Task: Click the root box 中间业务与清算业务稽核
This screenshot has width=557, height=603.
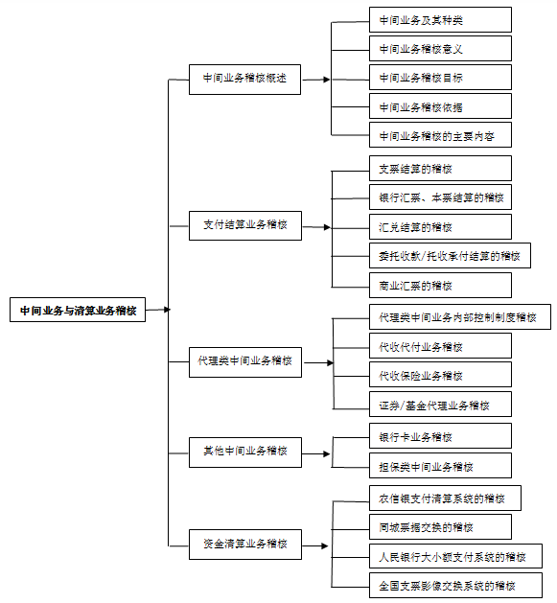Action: point(78,310)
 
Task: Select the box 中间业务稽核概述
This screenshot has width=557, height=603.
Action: point(244,80)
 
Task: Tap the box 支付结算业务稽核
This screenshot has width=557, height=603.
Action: point(245,225)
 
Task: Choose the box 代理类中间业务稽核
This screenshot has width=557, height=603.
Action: point(245,362)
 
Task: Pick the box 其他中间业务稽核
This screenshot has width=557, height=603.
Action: point(245,452)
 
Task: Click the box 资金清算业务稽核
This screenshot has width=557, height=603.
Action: point(245,545)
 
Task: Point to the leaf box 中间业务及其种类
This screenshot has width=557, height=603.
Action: point(440,19)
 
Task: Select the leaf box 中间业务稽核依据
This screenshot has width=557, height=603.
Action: point(440,106)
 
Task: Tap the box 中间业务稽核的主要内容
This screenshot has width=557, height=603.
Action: point(440,135)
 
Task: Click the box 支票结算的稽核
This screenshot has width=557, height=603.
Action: point(440,169)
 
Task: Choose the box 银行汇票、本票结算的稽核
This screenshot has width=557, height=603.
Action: point(440,197)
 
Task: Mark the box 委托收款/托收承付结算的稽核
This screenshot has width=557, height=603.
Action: point(450,255)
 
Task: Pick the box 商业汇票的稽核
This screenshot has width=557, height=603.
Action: point(440,286)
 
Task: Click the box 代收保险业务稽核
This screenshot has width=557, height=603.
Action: point(440,375)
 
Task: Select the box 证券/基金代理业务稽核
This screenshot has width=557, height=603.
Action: point(440,405)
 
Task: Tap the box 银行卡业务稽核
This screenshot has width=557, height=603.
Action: point(440,436)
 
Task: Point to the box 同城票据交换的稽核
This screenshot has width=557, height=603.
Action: point(440,527)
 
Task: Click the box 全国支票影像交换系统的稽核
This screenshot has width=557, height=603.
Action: point(455,586)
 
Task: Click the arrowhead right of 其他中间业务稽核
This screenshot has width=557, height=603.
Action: point(327,454)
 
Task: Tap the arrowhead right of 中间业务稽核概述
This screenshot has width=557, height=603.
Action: point(327,80)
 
